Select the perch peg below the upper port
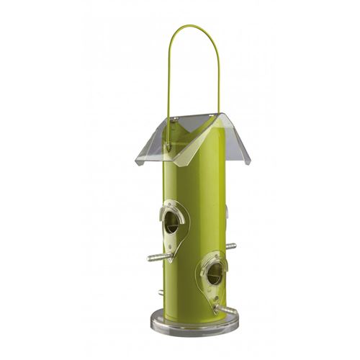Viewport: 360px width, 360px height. (160, 256)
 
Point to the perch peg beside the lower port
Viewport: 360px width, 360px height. (225, 309)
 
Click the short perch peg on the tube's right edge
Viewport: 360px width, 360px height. (230, 246)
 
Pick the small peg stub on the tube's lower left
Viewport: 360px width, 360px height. (160, 292)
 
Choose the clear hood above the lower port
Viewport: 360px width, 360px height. (214, 259)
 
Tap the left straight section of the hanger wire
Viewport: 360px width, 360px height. (169, 79)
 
